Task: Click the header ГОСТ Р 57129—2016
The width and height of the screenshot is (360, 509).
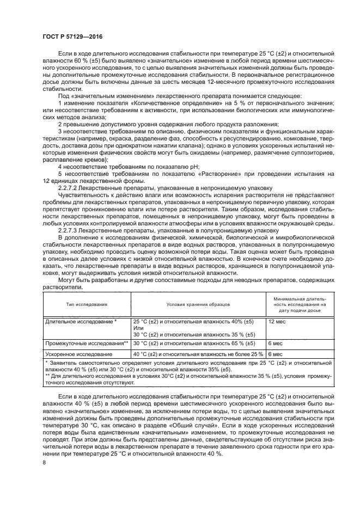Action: (72, 37)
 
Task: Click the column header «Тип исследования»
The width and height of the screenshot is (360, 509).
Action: (87, 305)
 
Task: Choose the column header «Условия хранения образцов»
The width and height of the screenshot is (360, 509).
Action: (198, 305)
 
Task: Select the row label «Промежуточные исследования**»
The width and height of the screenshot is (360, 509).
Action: (87, 344)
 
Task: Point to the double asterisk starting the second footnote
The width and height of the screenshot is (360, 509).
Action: (47, 376)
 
